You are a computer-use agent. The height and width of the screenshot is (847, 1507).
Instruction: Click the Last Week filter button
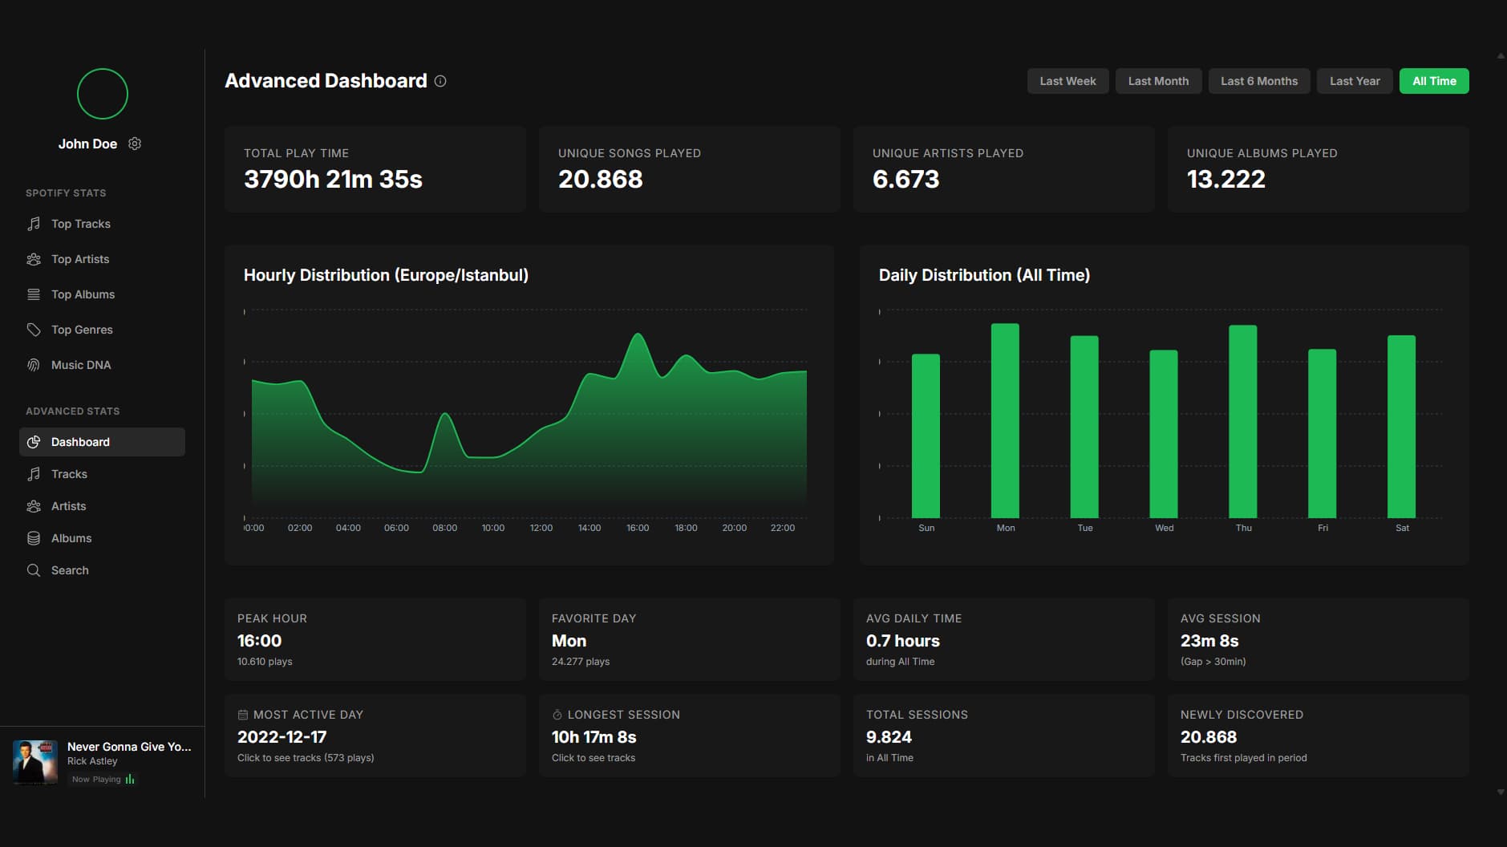tap(1067, 81)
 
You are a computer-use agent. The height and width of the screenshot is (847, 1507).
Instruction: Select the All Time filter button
tap(1433, 81)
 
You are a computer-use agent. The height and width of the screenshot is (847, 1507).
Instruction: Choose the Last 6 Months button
tap(1258, 81)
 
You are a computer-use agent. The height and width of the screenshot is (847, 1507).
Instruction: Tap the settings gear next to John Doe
tap(135, 144)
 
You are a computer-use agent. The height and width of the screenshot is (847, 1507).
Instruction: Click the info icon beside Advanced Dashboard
tap(440, 81)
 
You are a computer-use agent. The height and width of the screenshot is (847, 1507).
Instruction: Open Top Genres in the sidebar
tap(82, 330)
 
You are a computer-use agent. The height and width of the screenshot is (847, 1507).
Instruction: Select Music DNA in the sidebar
tap(81, 365)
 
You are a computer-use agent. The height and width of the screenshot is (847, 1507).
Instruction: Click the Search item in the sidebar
tap(70, 570)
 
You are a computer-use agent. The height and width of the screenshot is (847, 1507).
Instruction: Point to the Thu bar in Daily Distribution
tap(1242, 421)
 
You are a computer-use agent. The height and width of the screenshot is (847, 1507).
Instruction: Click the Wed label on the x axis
tap(1164, 528)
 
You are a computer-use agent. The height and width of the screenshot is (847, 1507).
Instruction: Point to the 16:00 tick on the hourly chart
tap(638, 528)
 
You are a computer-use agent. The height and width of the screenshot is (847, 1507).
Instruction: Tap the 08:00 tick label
tap(444, 528)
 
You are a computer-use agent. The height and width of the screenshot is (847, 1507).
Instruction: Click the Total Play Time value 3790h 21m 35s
tap(333, 179)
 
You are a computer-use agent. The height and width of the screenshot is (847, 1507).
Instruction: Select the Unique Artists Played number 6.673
tap(905, 179)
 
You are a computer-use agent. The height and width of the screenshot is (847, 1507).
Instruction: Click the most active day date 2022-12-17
tap(282, 737)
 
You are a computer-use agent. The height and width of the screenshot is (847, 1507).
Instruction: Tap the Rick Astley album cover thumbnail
tap(35, 761)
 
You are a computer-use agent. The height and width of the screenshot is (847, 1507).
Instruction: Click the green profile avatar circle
tap(103, 94)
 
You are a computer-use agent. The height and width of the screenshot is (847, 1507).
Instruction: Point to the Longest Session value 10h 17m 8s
tap(593, 737)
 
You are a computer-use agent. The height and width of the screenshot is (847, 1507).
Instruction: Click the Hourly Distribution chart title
tap(386, 275)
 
